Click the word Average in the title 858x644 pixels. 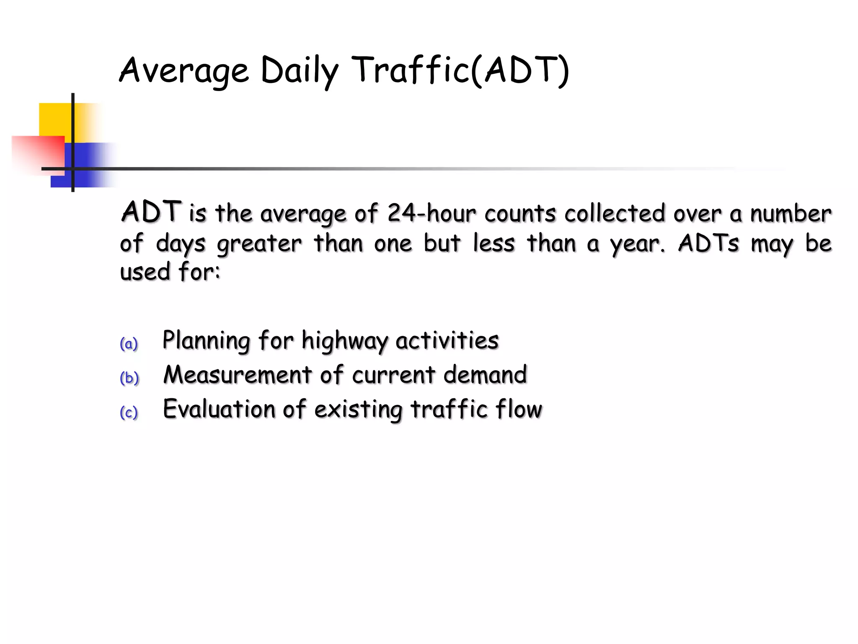point(184,70)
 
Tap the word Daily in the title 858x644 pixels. point(299,70)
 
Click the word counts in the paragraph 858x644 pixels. point(520,214)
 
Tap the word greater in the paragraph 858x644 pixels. point(259,244)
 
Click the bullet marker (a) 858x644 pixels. point(129,344)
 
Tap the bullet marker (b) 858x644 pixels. point(129,378)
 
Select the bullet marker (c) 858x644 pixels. point(129,413)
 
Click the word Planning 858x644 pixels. point(206,340)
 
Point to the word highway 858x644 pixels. point(344,340)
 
